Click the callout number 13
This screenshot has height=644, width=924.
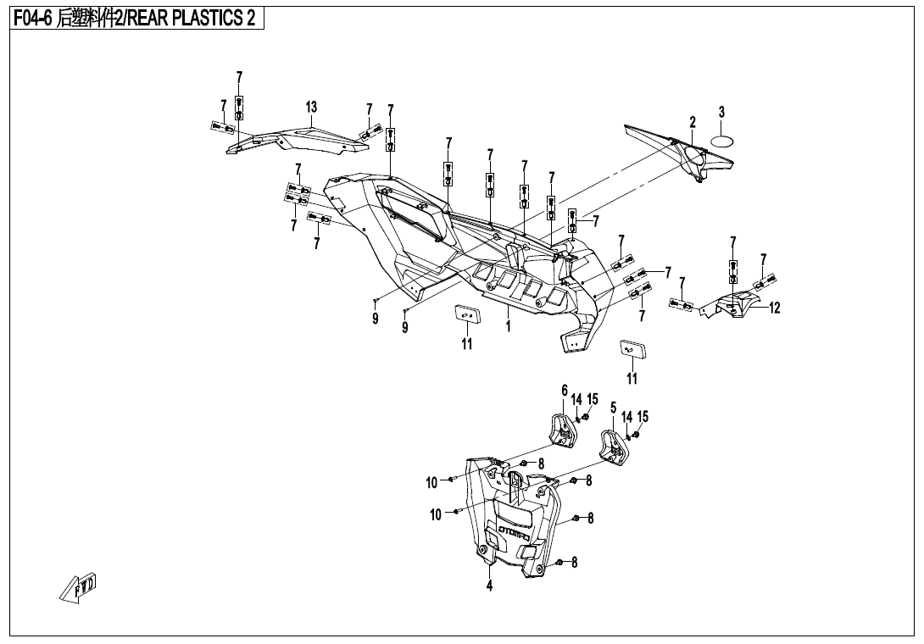[x=311, y=108]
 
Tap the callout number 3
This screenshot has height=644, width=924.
[x=721, y=111]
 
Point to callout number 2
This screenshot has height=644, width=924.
[x=693, y=122]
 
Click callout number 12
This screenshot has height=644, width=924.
[x=774, y=307]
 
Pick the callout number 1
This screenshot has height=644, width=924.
[x=509, y=325]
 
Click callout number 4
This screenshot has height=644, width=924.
[x=489, y=585]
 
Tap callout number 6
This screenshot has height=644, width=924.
[x=565, y=390]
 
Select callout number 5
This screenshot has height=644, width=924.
[x=613, y=407]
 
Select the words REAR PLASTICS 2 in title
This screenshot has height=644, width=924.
[x=192, y=19]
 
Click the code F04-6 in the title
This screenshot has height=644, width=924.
[x=34, y=19]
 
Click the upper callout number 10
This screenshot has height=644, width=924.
[x=432, y=483]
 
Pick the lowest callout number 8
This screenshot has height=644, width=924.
[x=574, y=562]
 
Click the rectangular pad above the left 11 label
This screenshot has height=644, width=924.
[x=468, y=315]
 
